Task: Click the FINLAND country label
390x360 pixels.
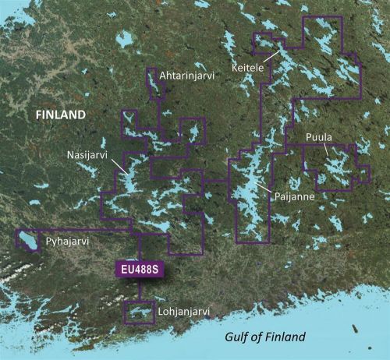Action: (x=59, y=115)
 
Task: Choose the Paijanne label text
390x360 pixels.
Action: (x=295, y=198)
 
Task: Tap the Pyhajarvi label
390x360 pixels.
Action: (x=66, y=243)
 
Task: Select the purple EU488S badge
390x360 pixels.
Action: (x=140, y=269)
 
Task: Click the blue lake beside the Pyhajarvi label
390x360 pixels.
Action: (x=29, y=242)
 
